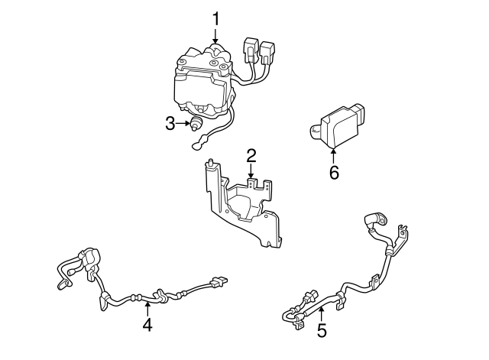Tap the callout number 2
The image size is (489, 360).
coord(251,157)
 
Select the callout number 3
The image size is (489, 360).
coord(170,122)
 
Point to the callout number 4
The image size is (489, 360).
coord(147,325)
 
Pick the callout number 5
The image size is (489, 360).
coord(322,330)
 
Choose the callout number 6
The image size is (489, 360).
coord(333,172)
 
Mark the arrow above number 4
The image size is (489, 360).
coord(147,307)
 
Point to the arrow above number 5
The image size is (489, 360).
coord(322,312)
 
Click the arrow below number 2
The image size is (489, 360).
coord(251,175)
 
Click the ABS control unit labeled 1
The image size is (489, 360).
coord(202,84)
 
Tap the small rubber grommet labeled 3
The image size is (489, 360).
coord(197,123)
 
